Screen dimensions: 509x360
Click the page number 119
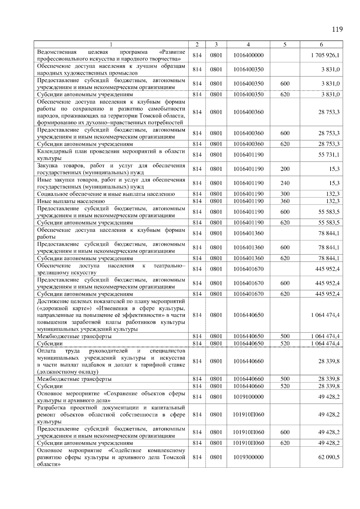(x=337, y=29)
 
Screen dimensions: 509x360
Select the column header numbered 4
(x=248, y=45)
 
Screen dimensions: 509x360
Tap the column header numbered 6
(x=321, y=45)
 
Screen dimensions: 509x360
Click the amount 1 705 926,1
(x=325, y=55)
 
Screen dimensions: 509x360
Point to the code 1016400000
(x=248, y=55)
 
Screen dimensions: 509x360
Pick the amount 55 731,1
(x=329, y=155)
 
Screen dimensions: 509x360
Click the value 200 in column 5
(x=285, y=169)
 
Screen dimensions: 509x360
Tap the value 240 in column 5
(x=285, y=183)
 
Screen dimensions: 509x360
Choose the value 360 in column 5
(x=285, y=201)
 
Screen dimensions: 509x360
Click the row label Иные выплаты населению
(x=71, y=201)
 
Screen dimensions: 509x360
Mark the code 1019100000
(x=248, y=397)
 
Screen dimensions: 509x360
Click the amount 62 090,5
(x=329, y=457)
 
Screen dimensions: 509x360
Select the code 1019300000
(x=248, y=457)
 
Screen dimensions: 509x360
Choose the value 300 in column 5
(x=285, y=194)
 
